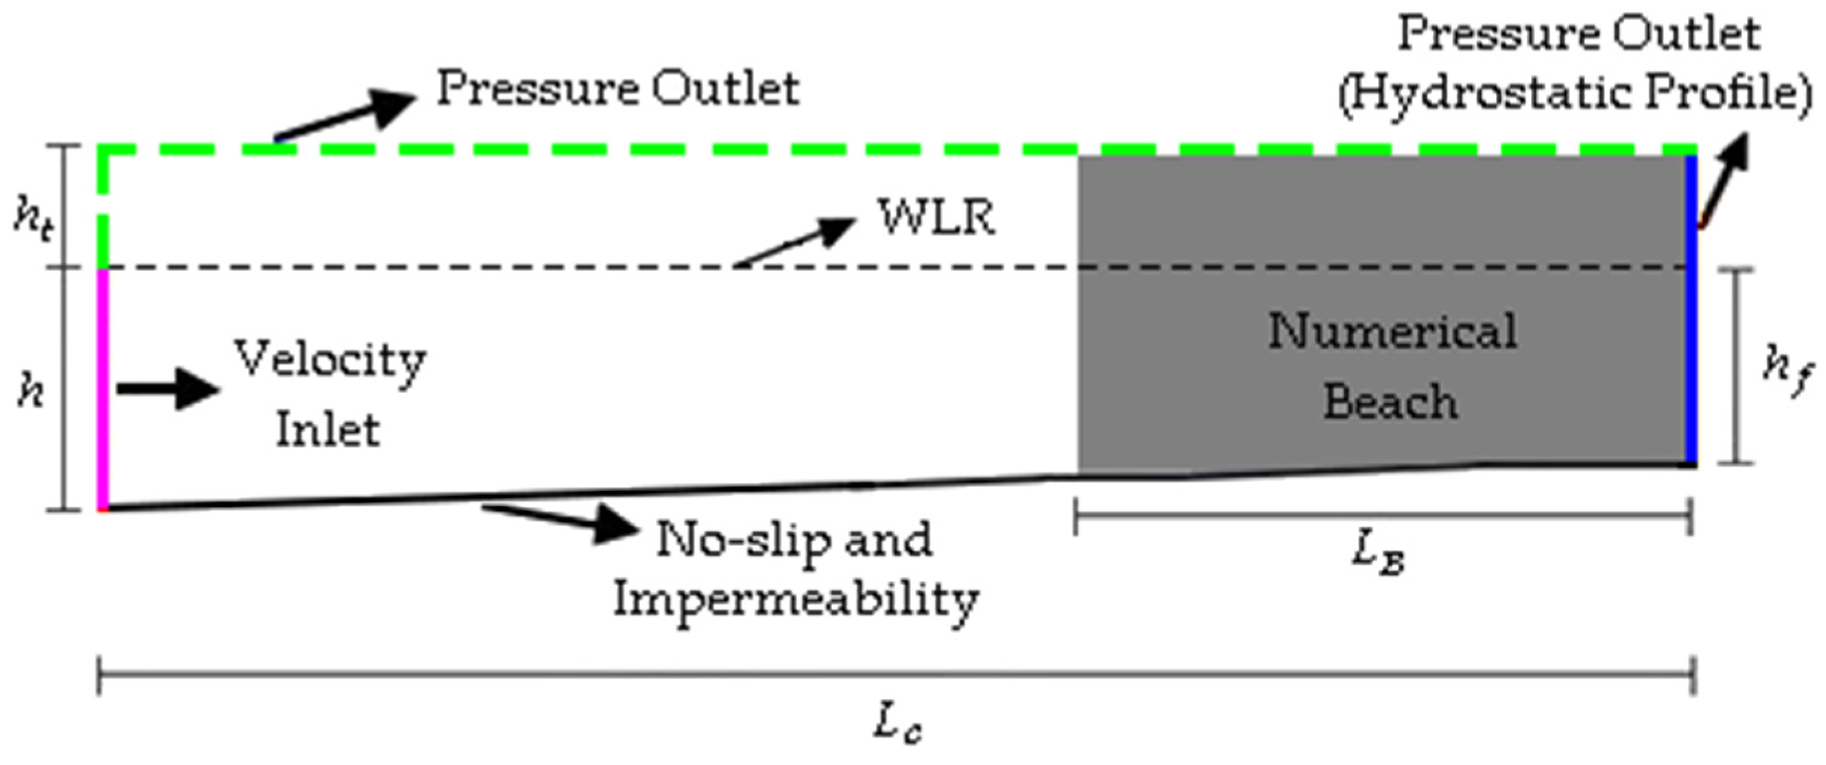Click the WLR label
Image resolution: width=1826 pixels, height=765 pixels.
click(937, 217)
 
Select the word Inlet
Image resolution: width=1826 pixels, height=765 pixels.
click(328, 429)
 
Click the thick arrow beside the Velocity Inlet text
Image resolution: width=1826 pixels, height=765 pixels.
click(168, 388)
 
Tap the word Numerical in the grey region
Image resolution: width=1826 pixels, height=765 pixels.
click(1392, 332)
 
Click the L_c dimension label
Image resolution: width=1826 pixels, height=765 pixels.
click(897, 725)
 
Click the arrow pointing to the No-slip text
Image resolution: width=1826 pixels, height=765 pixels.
click(560, 520)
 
